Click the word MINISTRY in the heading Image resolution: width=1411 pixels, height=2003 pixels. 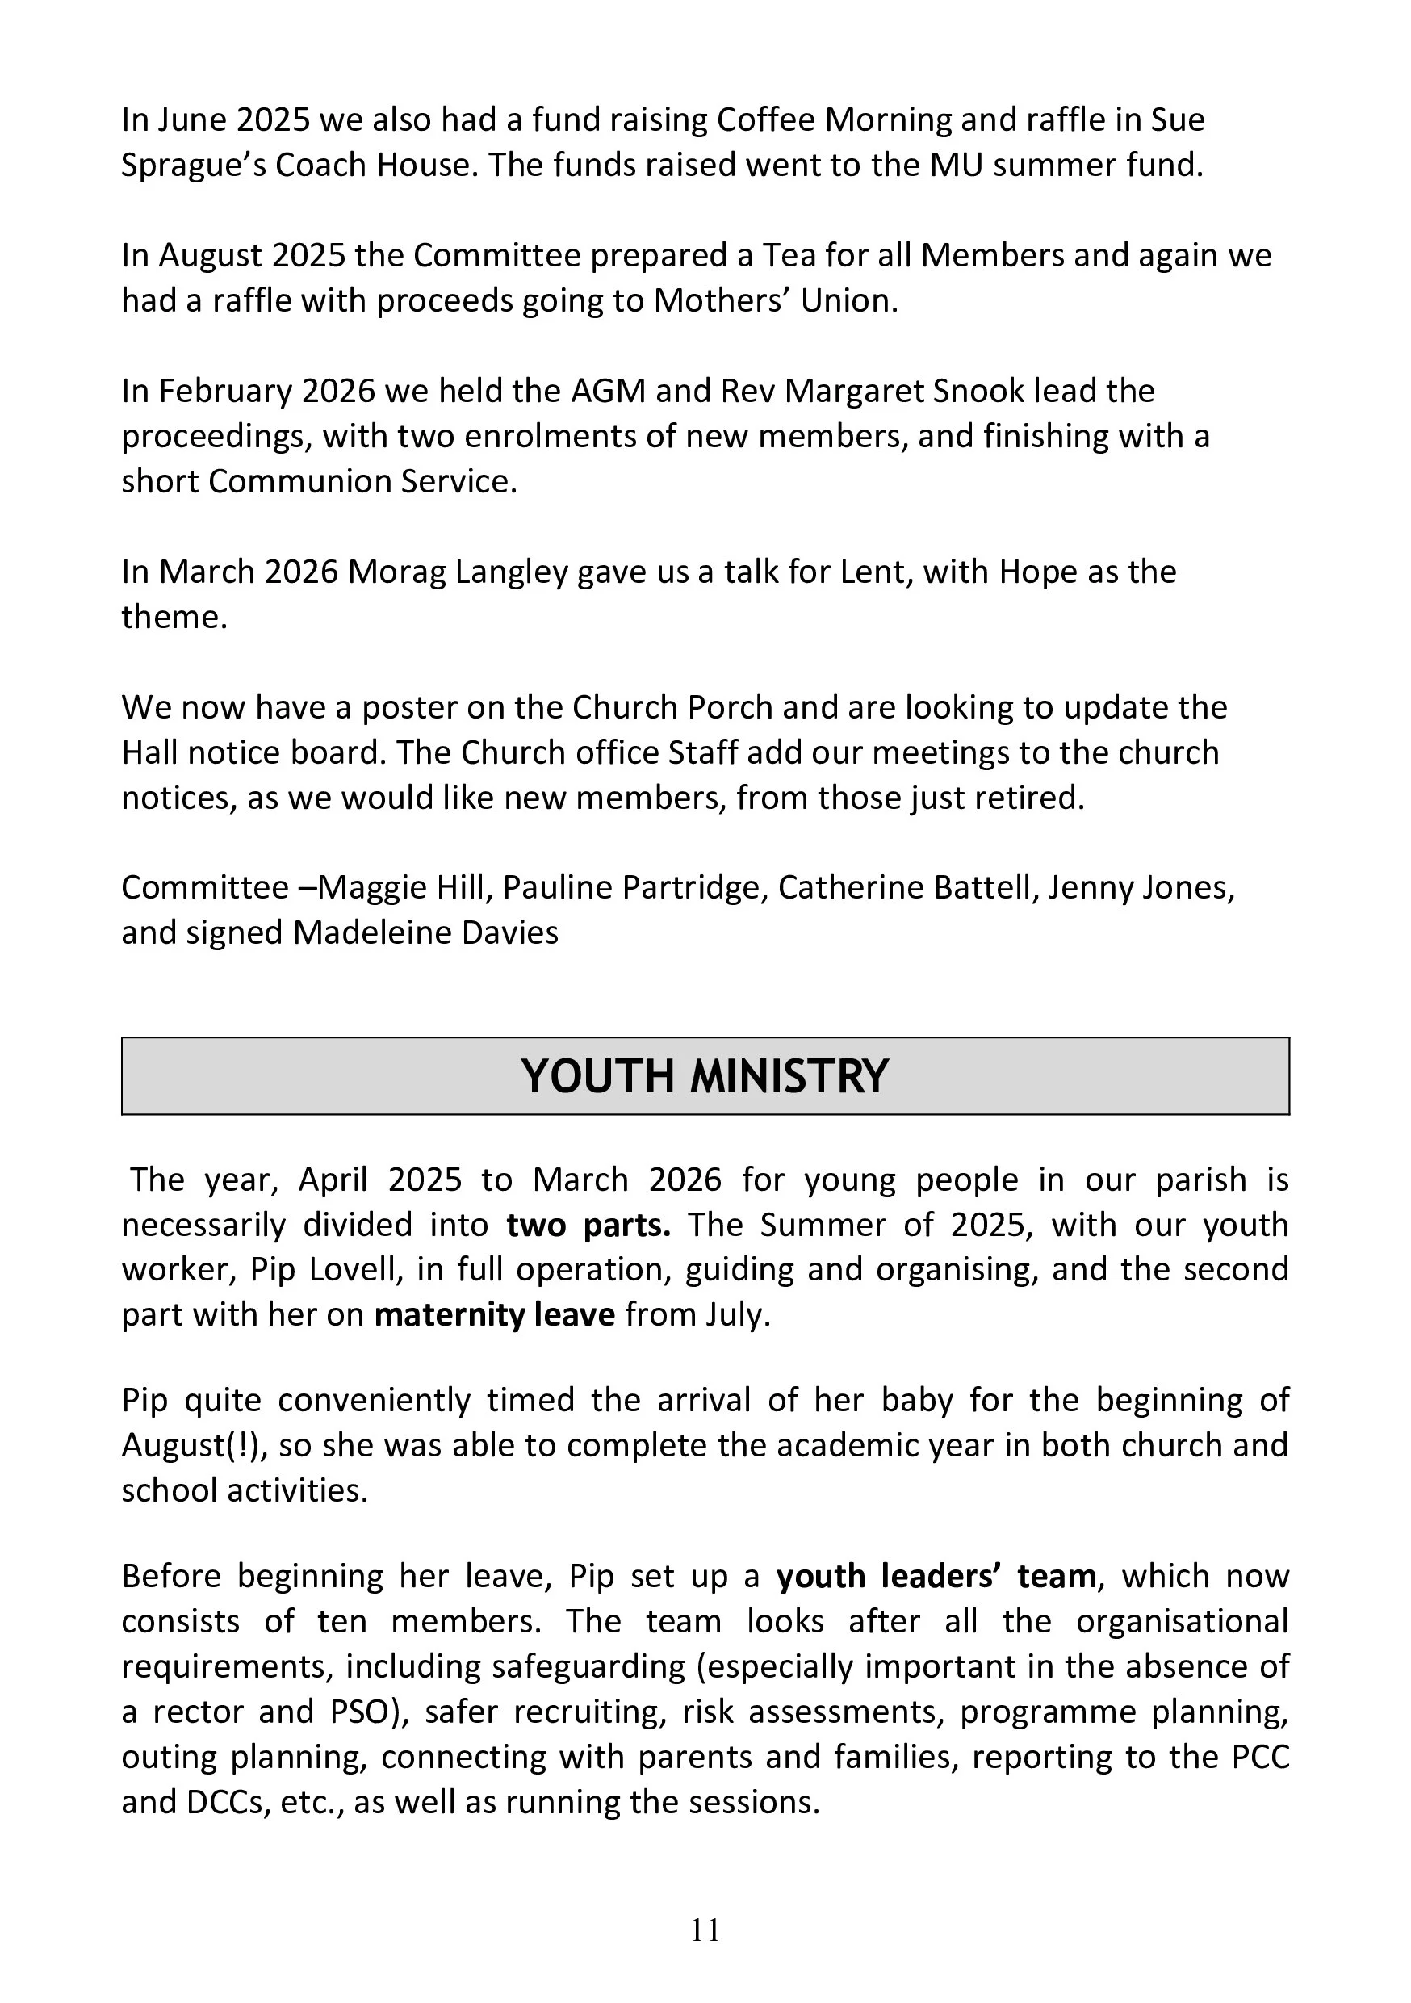(x=789, y=1075)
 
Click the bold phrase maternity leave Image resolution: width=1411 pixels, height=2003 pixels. (x=495, y=1314)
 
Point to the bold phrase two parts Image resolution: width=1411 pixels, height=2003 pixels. (x=588, y=1225)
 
